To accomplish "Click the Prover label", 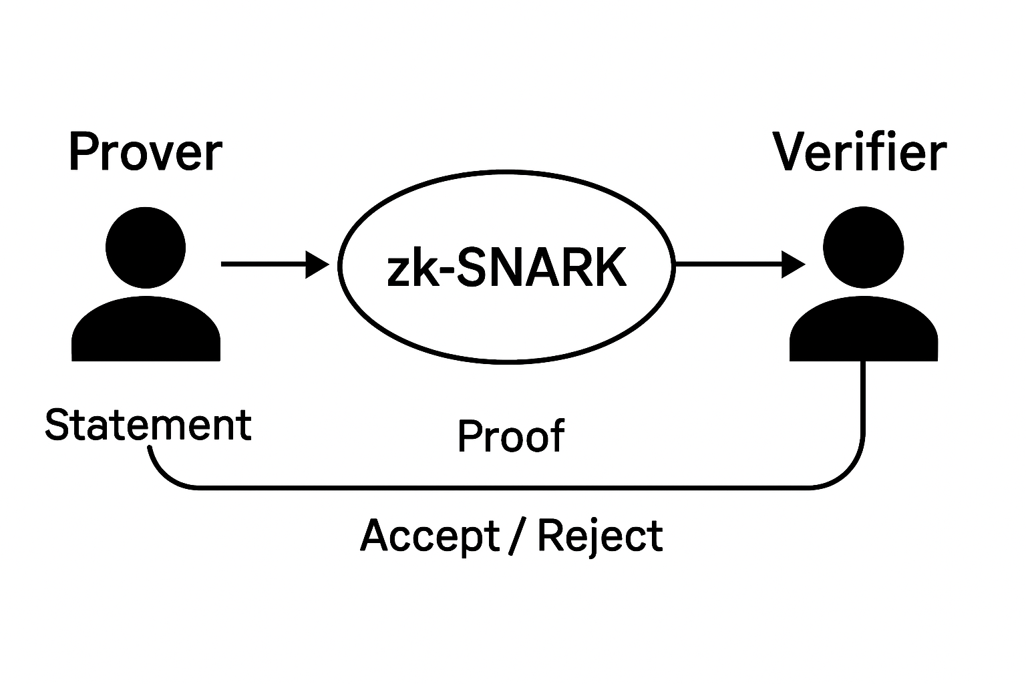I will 145,153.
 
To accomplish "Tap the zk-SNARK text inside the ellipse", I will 507,268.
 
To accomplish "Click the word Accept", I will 430,536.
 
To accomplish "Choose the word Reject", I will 600,536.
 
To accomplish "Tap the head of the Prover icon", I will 146,248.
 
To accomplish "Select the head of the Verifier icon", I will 863,248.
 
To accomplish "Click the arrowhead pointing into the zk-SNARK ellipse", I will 317,265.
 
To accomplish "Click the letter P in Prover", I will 81,153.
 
